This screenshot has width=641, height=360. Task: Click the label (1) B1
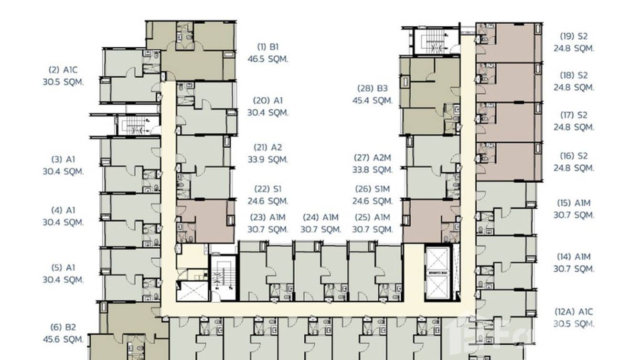click(x=268, y=47)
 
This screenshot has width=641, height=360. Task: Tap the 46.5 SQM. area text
click(x=268, y=59)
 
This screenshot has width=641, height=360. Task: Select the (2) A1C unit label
click(x=63, y=70)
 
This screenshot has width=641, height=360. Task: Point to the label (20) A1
click(x=268, y=100)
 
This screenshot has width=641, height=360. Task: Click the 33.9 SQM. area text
click(x=268, y=159)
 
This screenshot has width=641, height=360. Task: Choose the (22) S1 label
click(x=268, y=189)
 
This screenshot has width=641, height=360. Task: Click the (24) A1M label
click(x=320, y=217)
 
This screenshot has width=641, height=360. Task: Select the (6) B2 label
click(x=63, y=328)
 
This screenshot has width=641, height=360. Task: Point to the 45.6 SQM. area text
click(x=63, y=340)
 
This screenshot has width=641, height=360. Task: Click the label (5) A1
click(x=63, y=267)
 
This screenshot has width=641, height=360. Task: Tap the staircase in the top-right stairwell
click(x=435, y=41)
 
